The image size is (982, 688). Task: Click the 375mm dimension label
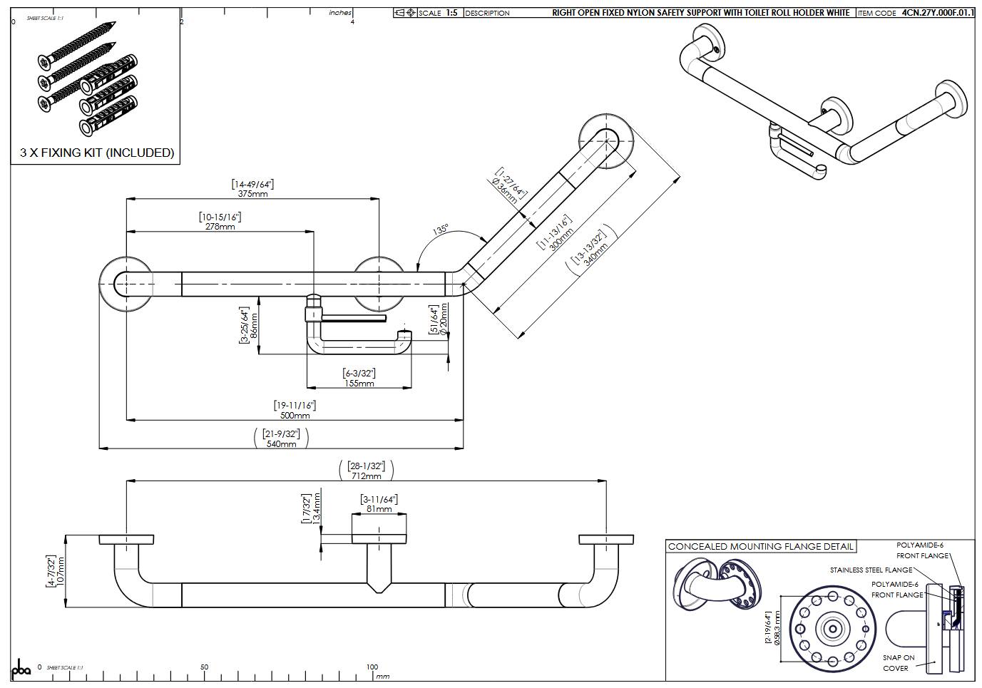[252, 194]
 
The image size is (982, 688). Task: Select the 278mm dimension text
[220, 227]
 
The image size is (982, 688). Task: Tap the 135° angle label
[441, 230]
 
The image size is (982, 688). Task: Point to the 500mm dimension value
[295, 415]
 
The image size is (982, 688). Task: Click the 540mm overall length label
[281, 443]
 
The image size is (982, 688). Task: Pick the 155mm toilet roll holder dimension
[359, 383]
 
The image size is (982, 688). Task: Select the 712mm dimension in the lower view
[366, 476]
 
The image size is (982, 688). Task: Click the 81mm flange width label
[379, 509]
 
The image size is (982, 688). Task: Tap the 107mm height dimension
[61, 572]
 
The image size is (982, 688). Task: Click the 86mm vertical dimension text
[254, 326]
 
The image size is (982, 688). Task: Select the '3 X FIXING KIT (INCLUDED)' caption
[97, 153]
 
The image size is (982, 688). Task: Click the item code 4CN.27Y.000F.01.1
[937, 13]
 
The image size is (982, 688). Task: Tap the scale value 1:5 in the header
[451, 13]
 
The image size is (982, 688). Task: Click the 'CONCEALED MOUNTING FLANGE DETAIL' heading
[760, 547]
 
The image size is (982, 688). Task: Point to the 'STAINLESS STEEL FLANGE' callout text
[871, 570]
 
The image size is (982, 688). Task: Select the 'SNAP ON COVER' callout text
[898, 662]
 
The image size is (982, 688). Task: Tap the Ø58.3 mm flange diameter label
[777, 628]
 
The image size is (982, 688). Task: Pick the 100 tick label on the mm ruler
[372, 667]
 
